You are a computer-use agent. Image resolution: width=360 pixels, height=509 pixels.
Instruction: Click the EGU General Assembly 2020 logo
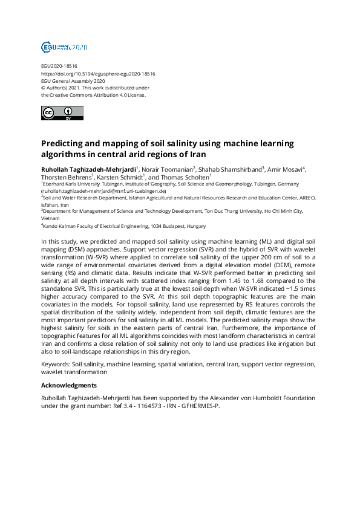point(64,47)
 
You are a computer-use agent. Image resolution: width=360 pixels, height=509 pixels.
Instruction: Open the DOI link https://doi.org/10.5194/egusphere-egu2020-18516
point(98,74)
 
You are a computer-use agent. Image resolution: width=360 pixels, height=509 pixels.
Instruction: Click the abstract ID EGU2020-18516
point(59,66)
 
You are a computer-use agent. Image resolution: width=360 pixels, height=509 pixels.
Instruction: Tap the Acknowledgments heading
point(68,385)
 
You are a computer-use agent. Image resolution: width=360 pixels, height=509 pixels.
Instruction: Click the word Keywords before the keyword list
point(54,365)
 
